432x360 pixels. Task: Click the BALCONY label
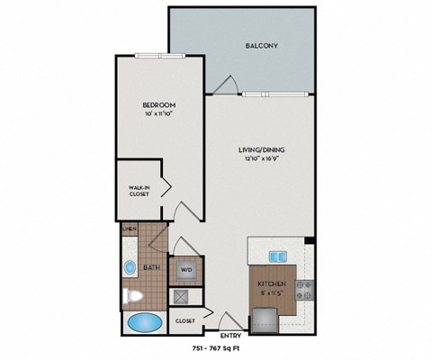263,45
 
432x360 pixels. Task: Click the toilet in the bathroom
132,295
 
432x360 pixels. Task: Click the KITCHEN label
271,284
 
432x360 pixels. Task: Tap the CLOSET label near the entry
185,319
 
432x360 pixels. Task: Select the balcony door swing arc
225,84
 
